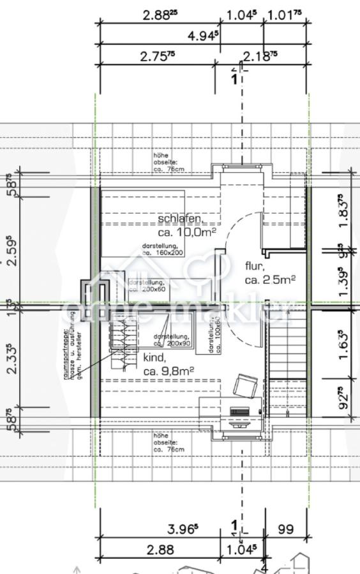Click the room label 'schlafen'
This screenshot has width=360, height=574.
point(181,219)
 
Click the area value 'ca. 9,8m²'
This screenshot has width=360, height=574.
point(169,371)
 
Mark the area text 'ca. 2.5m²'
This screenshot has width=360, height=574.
point(269,279)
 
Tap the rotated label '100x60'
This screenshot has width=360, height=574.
point(214,335)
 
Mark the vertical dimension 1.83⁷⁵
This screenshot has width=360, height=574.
point(345,210)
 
